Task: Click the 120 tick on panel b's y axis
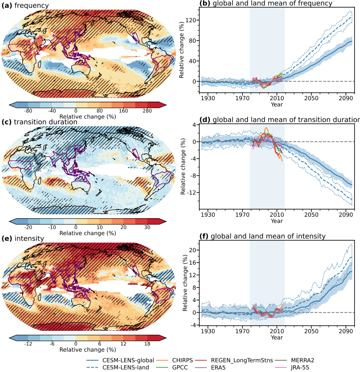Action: [x=192, y=20]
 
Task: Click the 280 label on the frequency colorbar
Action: [x=147, y=111]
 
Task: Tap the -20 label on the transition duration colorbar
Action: [x=28, y=227]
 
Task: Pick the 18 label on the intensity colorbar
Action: [x=147, y=343]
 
